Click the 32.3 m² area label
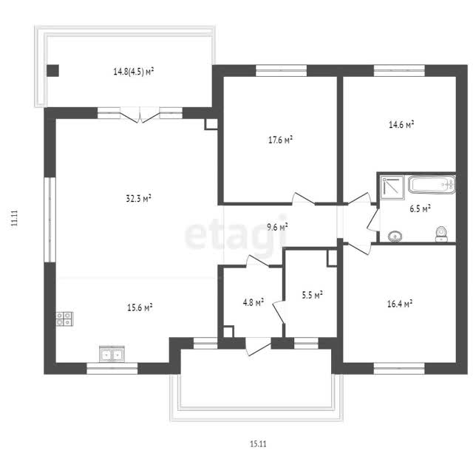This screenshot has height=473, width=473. point(138,198)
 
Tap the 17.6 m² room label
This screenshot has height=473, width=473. point(281,140)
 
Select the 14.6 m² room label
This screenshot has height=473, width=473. point(401,124)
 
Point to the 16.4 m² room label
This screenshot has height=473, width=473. point(400,304)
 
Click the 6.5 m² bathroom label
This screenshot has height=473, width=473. point(420,208)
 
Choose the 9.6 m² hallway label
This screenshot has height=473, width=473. point(277,227)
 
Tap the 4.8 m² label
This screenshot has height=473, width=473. point(253,302)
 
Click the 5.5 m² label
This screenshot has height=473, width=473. point(312,295)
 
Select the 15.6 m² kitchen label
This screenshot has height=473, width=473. point(140,307)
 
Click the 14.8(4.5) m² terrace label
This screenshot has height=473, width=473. point(134,72)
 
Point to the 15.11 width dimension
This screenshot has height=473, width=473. point(258,443)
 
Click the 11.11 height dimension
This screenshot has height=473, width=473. point(14,218)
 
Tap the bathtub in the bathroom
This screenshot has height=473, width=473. point(432,185)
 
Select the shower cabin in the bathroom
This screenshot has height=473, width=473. point(392,188)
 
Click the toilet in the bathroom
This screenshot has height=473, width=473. point(442,234)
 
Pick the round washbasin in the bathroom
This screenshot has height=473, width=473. point(395,236)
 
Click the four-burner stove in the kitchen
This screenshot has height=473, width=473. point(64,319)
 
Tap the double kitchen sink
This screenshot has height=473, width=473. point(112,354)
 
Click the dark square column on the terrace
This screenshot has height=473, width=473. point(52,71)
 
